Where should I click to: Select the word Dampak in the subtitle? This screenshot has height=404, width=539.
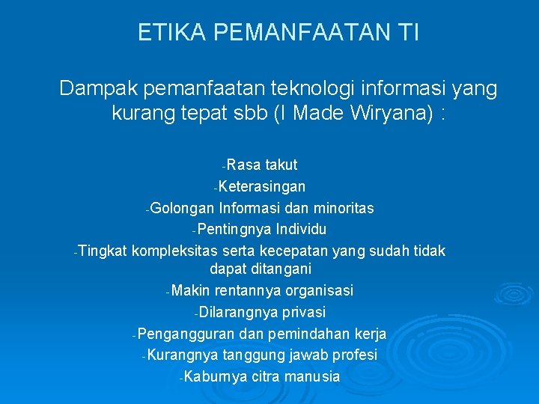[x=94, y=90]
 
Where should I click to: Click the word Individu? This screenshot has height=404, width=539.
[x=301, y=228]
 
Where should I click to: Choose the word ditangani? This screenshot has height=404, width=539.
[x=281, y=269]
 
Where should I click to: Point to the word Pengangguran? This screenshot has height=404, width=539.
[x=183, y=334]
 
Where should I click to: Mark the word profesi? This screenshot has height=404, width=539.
[x=352, y=355]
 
